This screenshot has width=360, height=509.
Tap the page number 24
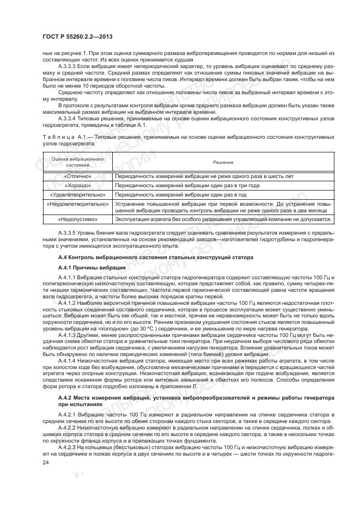(45, 463)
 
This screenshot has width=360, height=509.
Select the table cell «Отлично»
(77, 176)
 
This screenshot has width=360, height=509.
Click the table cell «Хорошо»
(77, 186)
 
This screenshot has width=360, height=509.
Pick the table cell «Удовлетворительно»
(77, 194)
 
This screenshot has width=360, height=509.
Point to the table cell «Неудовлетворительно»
(77, 204)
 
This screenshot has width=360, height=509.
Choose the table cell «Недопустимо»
(77, 219)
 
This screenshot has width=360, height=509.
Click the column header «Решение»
(223, 162)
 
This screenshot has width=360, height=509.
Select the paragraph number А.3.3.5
(70, 232)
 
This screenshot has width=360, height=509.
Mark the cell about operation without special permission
(223, 219)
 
